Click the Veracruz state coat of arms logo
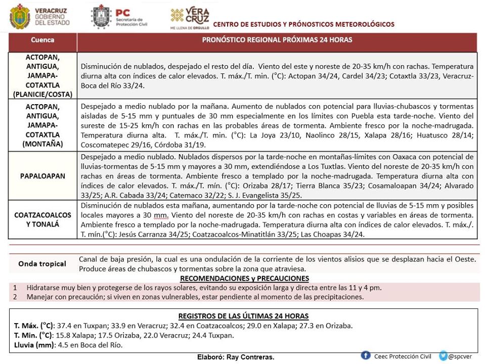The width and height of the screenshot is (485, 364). coord(20,17)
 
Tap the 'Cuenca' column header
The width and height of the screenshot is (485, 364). coord(42,40)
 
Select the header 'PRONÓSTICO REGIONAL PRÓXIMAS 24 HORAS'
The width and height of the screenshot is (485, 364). coord(277,40)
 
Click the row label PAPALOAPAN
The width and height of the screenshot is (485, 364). coord(43,176)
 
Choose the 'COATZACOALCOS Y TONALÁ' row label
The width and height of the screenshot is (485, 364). coord(43,219)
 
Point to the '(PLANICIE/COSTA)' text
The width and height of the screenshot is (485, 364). coord(43,94)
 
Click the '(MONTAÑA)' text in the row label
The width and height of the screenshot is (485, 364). coord(43,144)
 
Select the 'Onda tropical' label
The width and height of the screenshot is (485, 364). coord(42,263)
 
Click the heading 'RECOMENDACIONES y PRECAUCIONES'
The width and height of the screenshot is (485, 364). coord(244,279)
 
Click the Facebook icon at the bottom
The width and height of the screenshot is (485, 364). coord(366,356)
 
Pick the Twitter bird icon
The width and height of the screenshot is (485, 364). coord(444,356)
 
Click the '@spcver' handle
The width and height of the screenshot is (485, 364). coord(461,356)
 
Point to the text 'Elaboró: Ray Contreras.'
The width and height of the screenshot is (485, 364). coord(236,357)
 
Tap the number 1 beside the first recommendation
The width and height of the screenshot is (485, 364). coord(15,287)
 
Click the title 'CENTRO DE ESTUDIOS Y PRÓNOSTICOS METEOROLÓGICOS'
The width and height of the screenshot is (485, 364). coord(303,24)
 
